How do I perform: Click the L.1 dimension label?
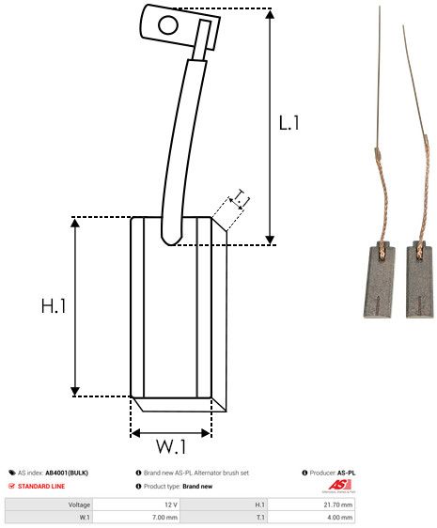click(x=289, y=122)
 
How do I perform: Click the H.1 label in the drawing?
click(x=53, y=306)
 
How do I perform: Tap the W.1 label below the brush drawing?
click(x=170, y=446)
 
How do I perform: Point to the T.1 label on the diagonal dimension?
click(x=240, y=197)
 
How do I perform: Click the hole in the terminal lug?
click(x=169, y=24)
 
